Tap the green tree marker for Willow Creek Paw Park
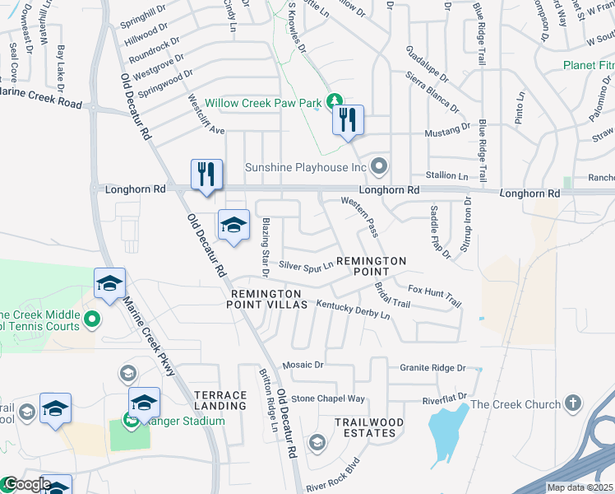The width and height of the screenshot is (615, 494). click(334, 101)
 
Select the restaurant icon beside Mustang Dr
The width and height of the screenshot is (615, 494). click(348, 120)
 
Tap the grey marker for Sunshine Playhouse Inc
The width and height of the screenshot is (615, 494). click(378, 167)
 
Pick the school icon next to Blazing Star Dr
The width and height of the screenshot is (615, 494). click(234, 225)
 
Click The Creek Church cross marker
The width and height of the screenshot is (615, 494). click(573, 403)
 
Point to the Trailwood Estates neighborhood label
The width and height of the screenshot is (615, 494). click(369, 428)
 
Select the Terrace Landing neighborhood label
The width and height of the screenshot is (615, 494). click(220, 400)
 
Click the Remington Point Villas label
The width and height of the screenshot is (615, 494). click(269, 299)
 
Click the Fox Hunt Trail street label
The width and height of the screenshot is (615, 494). click(435, 296)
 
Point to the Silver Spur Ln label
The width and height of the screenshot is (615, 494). click(306, 265)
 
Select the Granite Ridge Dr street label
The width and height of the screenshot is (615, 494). click(432, 368)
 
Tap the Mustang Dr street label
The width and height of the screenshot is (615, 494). click(446, 129)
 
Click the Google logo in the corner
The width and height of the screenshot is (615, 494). click(27, 485)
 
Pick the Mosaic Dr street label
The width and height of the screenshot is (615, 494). click(303, 364)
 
